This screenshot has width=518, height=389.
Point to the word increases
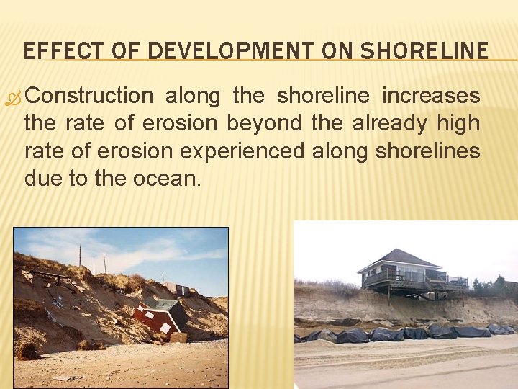[431, 96]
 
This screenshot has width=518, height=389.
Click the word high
[458, 123]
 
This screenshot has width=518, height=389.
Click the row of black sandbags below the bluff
[403, 334]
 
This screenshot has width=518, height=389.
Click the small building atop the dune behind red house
[179, 290]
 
